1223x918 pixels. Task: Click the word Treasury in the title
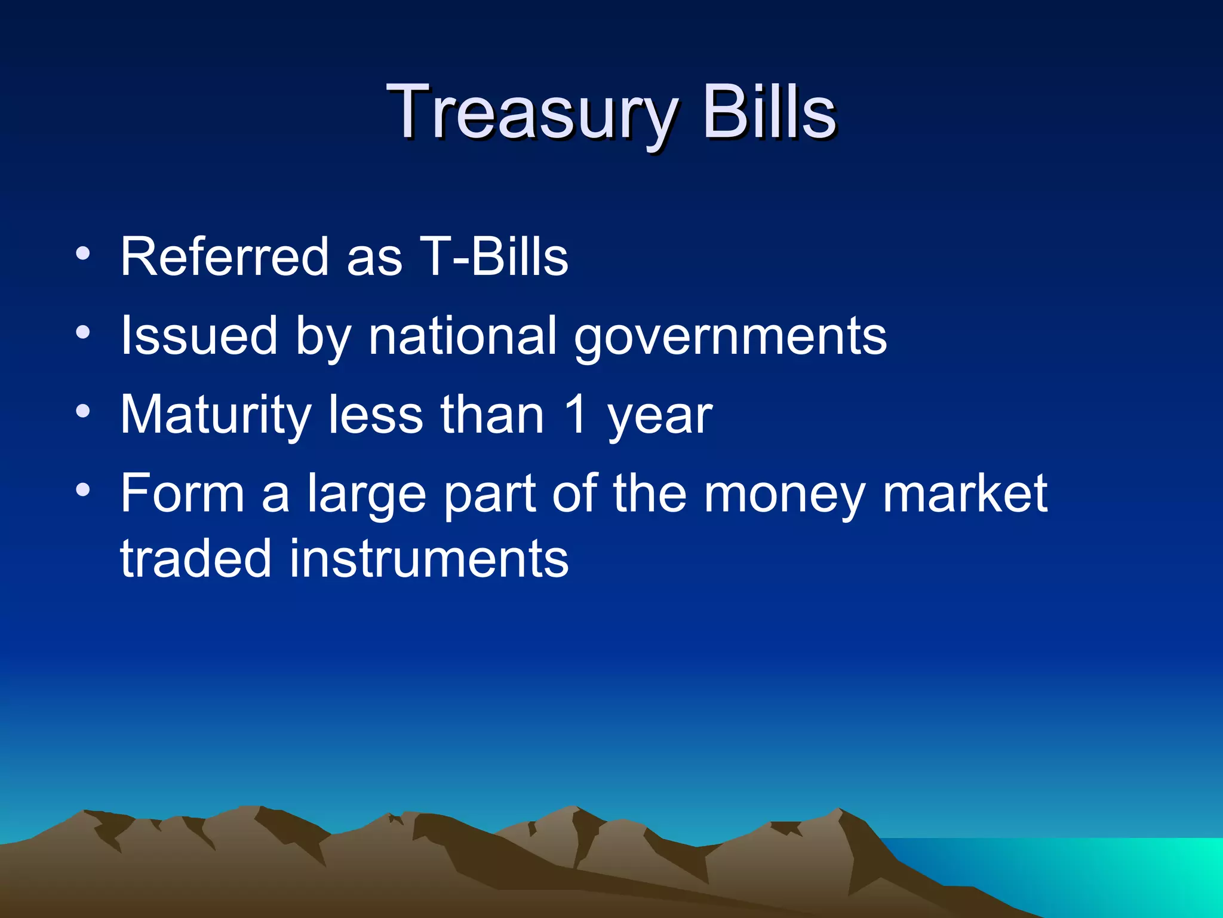click(531, 114)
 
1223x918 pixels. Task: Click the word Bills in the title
click(769, 112)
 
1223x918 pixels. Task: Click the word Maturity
click(216, 416)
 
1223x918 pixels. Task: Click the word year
click(660, 418)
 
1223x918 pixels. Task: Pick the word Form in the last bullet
click(183, 494)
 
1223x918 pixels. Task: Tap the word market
click(964, 494)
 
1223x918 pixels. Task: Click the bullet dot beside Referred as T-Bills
click(83, 253)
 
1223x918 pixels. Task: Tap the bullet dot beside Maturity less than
click(83, 411)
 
